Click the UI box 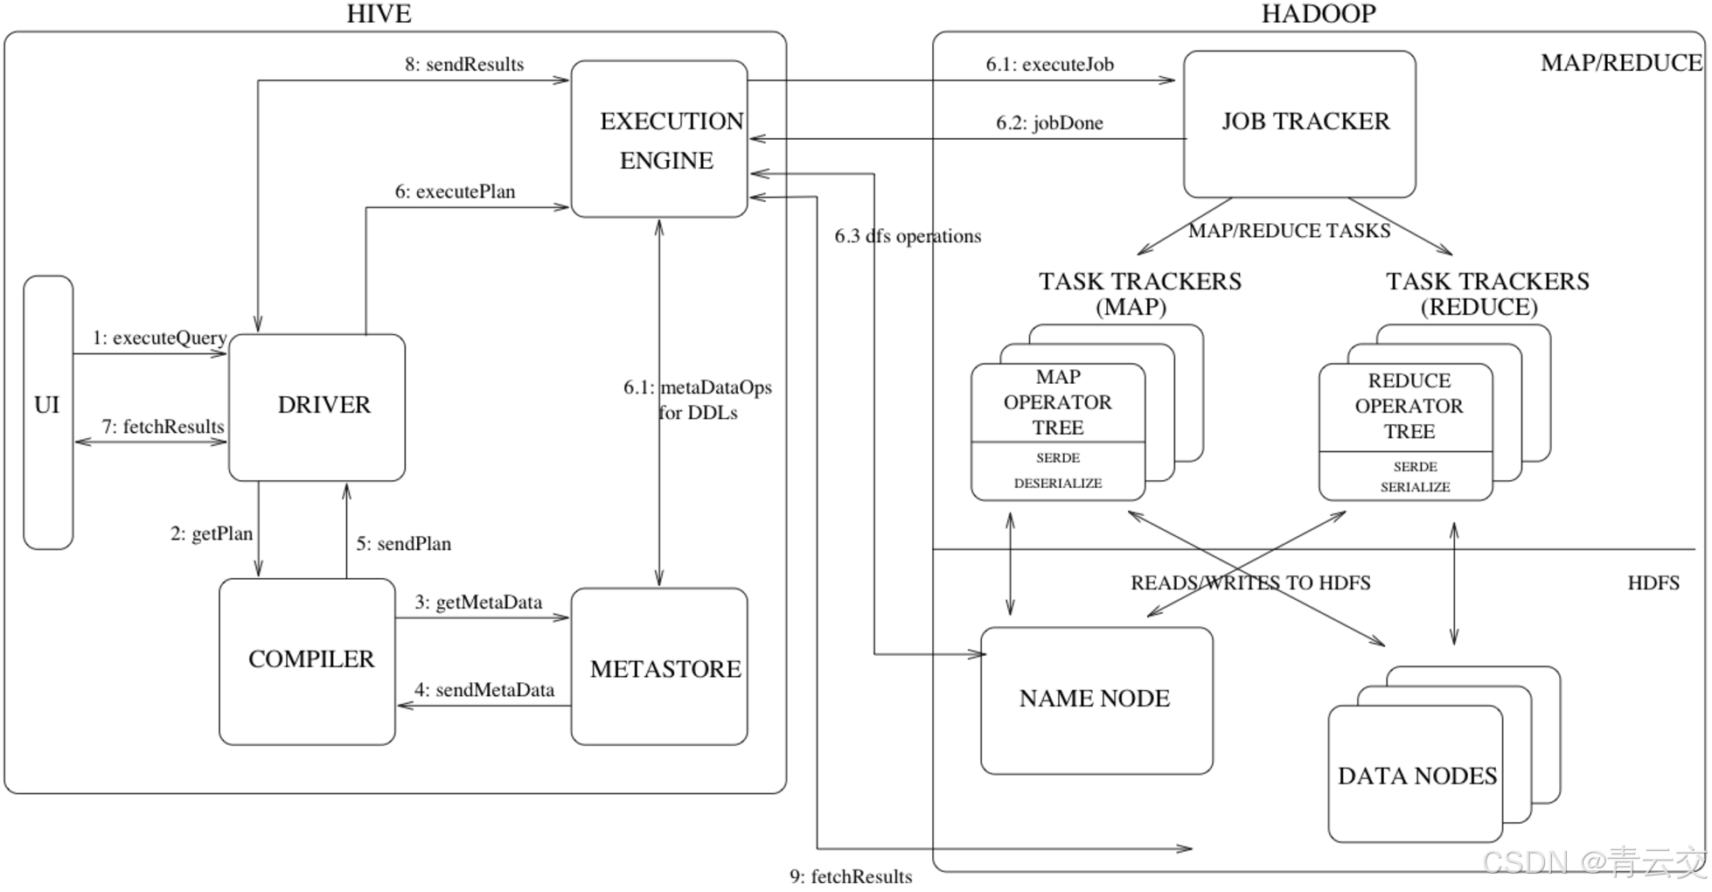[x=48, y=412]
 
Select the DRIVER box [x=317, y=408]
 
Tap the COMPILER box [x=307, y=661]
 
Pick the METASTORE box [x=659, y=666]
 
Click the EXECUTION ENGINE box [x=659, y=139]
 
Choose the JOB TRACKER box [x=1299, y=124]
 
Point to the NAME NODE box [x=1096, y=700]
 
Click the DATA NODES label [x=1417, y=776]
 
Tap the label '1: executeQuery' [x=160, y=338]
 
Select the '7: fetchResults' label [x=163, y=427]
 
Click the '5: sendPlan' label [x=404, y=544]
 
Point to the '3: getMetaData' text [x=478, y=603]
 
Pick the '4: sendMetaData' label [x=484, y=690]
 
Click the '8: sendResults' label [x=464, y=65]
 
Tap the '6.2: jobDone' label [x=1049, y=123]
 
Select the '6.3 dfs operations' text [x=908, y=236]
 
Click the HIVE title [x=379, y=14]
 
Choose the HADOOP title [x=1319, y=14]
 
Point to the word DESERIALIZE [x=1058, y=484]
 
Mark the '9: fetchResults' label [x=851, y=876]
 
